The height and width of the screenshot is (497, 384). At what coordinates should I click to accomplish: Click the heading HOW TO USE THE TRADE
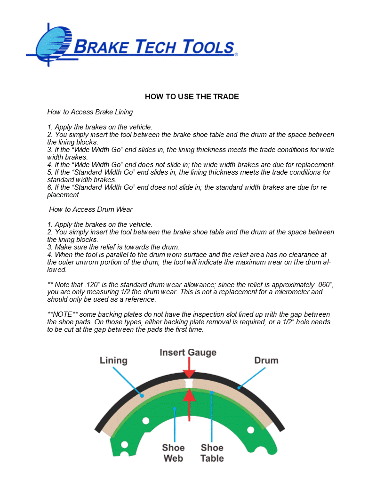click(192, 96)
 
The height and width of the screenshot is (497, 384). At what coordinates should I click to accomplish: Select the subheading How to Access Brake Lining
click(90, 112)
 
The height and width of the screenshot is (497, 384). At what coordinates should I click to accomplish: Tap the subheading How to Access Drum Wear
click(91, 209)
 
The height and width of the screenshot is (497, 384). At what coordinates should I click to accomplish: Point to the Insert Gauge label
click(188, 352)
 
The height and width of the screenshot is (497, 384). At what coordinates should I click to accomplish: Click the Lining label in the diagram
click(113, 361)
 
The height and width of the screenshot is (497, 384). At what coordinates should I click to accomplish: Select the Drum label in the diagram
click(266, 361)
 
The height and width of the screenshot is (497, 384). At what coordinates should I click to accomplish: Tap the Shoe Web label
click(173, 453)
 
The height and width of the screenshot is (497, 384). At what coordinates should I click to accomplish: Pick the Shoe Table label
click(212, 453)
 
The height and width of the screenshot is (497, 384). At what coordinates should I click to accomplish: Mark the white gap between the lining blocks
click(189, 384)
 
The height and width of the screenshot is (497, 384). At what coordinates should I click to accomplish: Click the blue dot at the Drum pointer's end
click(240, 388)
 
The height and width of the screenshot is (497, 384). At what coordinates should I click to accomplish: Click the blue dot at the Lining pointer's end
click(141, 396)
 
